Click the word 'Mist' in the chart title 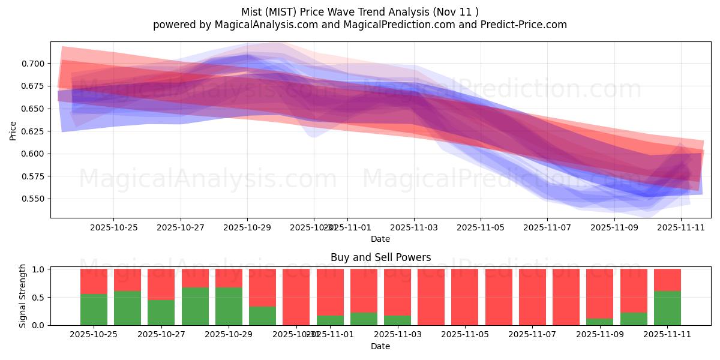(x=252, y=12)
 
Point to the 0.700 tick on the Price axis (x=34, y=64)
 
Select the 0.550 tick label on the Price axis (x=34, y=199)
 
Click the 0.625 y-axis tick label (x=34, y=131)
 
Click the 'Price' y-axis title (x=13, y=131)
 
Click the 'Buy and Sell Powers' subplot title (x=380, y=257)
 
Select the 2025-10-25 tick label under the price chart (x=114, y=227)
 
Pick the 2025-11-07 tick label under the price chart (x=547, y=227)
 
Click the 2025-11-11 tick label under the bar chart (x=667, y=335)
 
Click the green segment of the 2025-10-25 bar (x=94, y=310)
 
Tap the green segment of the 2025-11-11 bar (x=667, y=308)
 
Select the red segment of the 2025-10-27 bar (x=161, y=284)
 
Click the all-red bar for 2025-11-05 (x=464, y=297)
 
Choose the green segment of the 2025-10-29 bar (x=229, y=306)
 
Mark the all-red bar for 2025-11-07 (x=532, y=297)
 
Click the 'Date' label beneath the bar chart (x=380, y=346)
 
